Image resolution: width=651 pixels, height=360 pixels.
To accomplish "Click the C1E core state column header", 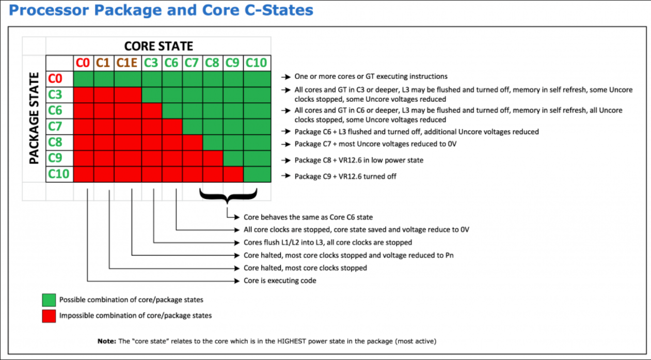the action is tap(127, 63).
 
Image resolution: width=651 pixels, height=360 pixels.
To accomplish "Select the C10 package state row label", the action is tap(59, 174).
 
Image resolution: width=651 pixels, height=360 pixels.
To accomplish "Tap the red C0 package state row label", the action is tap(55, 79).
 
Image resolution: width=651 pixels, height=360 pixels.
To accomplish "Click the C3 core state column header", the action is tap(151, 63).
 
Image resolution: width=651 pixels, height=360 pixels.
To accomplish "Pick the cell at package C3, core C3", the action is tap(152, 95).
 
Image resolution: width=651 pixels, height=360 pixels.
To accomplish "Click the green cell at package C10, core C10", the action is tap(257, 174).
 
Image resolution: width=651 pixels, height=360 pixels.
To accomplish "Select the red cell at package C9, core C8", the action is tap(213, 158).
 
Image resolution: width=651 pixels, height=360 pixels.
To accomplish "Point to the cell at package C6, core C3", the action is tap(152, 111).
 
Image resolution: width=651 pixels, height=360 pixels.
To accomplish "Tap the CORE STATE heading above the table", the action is tap(158, 46).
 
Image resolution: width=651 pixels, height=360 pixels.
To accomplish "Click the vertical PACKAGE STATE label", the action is tap(34, 118).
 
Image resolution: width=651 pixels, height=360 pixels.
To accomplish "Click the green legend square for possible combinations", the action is tap(49, 300).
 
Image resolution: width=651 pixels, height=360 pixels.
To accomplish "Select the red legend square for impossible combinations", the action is tap(49, 316).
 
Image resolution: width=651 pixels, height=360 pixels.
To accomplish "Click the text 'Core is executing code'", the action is tap(280, 280).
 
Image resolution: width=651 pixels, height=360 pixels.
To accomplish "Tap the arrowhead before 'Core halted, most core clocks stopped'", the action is tap(237, 268).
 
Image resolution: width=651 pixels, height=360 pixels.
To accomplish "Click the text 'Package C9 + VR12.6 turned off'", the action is tap(345, 177).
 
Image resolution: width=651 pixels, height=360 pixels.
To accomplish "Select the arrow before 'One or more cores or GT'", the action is tap(286, 77).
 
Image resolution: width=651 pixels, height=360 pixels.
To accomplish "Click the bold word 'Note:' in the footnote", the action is tap(107, 341).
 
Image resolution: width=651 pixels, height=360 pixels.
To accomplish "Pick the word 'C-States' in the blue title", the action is tap(279, 10).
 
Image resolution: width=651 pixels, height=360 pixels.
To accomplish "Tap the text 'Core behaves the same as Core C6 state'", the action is tap(308, 217).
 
